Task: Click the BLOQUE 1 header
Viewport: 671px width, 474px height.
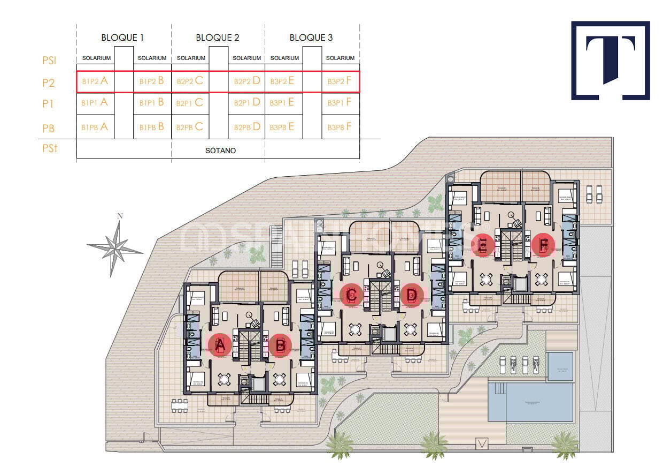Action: (122, 37)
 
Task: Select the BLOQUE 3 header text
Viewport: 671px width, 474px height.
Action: (311, 37)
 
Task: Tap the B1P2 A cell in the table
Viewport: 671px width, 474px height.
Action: (95, 81)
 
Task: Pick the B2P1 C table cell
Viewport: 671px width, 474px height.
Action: (190, 102)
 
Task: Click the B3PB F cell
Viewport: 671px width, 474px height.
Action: (340, 127)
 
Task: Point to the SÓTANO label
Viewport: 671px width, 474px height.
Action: (220, 151)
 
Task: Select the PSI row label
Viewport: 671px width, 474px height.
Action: (49, 60)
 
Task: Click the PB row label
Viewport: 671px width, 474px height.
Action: (49, 129)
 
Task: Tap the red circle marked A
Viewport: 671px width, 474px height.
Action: (219, 345)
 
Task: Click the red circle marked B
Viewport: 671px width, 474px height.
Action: (280, 345)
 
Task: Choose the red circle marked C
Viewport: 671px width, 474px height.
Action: (352, 295)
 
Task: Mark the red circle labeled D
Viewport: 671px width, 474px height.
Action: (412, 295)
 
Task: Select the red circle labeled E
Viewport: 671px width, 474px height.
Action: (483, 245)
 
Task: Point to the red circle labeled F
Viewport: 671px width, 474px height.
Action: (543, 245)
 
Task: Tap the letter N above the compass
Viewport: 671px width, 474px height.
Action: (120, 216)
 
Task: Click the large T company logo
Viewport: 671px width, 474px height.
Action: (610, 60)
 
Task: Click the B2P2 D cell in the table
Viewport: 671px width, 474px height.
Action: (247, 81)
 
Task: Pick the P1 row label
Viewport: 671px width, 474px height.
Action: (49, 104)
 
